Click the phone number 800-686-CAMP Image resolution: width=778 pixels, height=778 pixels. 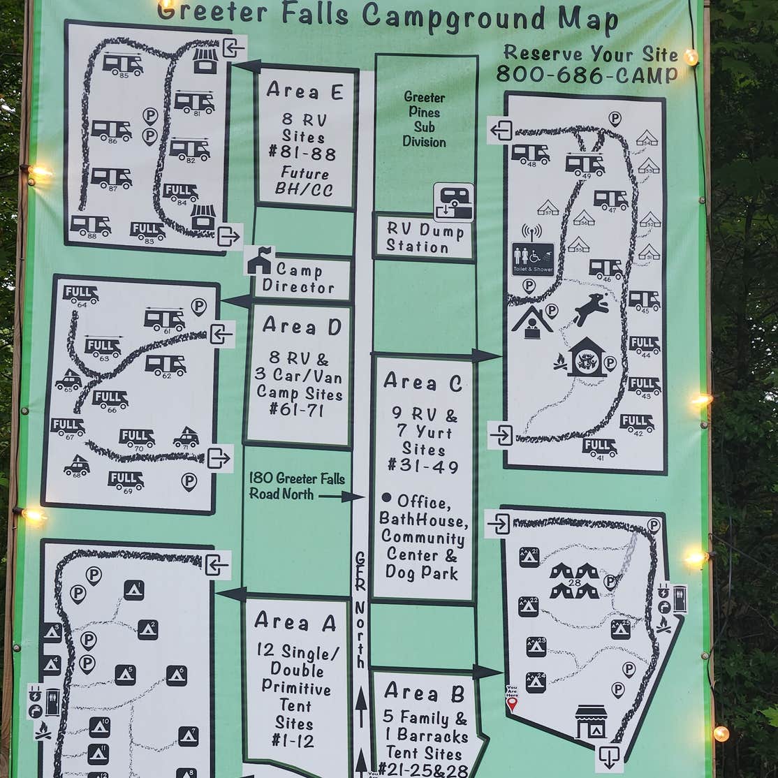(x=587, y=75)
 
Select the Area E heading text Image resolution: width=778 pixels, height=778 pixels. (x=304, y=91)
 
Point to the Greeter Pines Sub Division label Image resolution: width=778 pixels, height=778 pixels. (x=424, y=119)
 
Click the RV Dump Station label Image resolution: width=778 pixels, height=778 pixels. (x=425, y=238)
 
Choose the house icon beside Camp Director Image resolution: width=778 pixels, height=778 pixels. (x=258, y=261)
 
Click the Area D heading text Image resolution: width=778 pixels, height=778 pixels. (x=302, y=326)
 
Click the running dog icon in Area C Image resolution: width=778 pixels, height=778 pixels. (x=590, y=309)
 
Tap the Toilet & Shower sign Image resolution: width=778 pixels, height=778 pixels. (x=533, y=259)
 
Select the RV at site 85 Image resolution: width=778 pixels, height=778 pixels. (x=123, y=64)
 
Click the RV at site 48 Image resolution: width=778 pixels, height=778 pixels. (x=530, y=154)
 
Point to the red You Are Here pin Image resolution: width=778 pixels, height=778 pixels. (x=512, y=703)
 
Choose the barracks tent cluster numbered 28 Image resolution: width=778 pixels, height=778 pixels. (x=574, y=581)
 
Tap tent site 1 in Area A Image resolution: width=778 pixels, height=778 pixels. (x=133, y=590)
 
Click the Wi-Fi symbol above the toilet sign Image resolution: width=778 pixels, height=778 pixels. (x=531, y=231)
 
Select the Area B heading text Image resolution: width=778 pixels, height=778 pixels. (x=424, y=693)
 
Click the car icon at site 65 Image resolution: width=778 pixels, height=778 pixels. (x=68, y=381)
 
